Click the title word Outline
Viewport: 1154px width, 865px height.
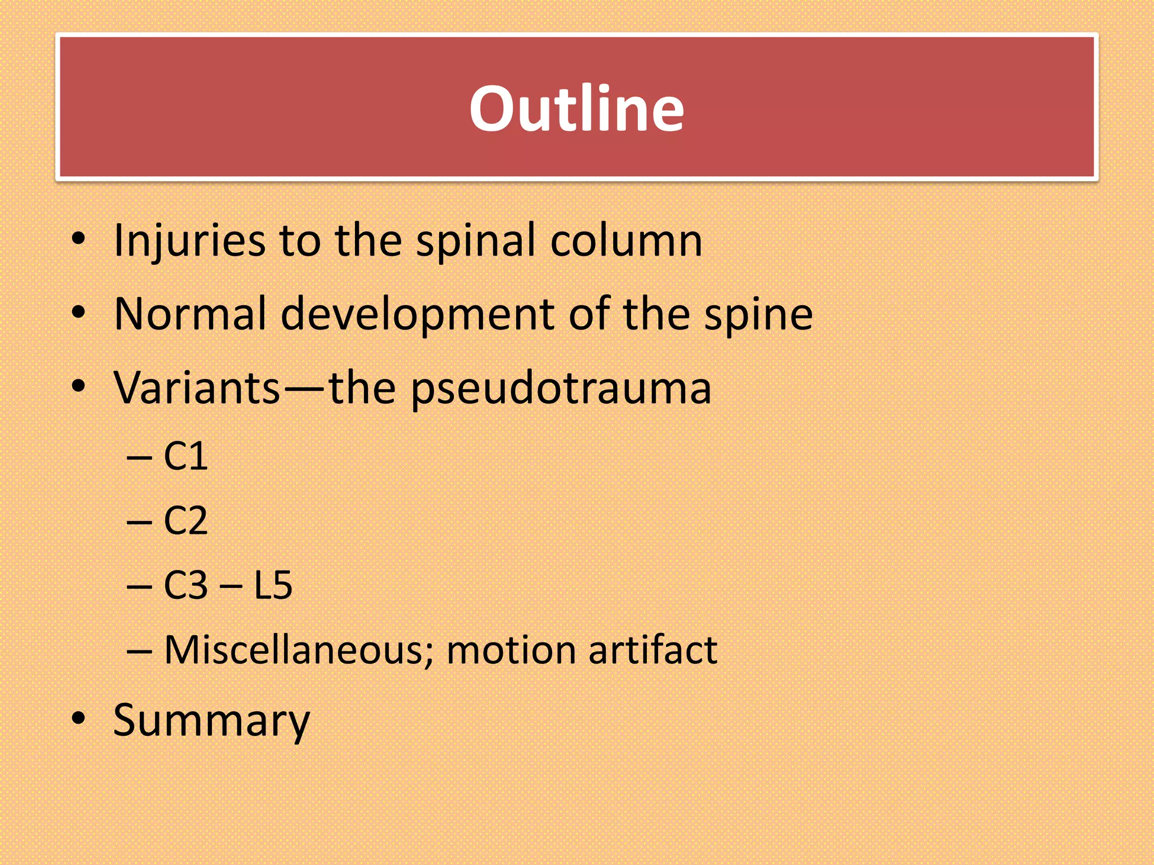(576, 108)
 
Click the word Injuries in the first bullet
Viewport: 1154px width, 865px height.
(189, 240)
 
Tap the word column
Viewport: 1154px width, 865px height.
(626, 240)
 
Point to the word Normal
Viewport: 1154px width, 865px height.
(190, 314)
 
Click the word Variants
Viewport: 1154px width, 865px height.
(197, 388)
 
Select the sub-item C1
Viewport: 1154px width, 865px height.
(185, 456)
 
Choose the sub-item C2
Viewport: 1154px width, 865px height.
(185, 520)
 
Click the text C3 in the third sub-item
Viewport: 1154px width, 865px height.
(185, 585)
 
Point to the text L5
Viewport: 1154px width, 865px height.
(273, 585)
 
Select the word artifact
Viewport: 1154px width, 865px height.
(653, 650)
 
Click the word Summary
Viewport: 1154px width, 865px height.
(211, 720)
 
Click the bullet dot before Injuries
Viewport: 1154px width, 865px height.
(78, 239)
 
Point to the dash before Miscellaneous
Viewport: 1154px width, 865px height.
(139, 651)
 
